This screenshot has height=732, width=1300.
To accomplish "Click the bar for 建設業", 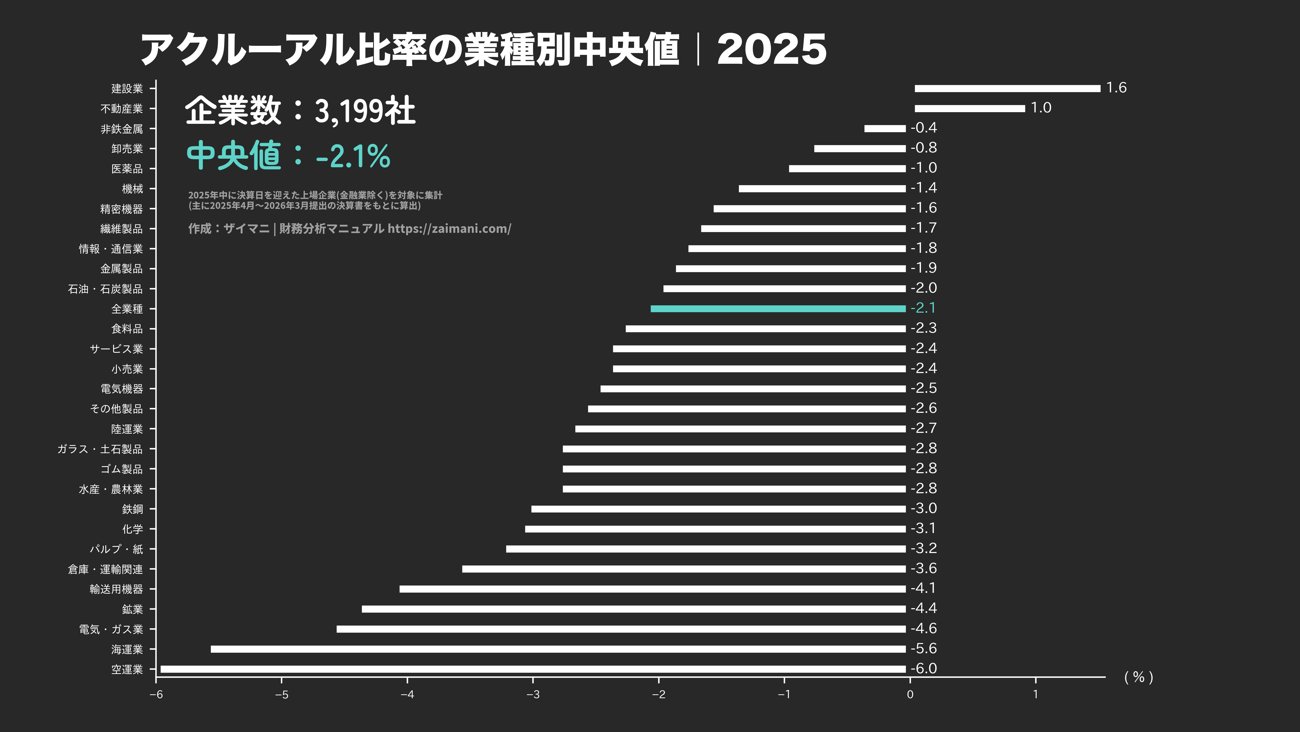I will tap(1007, 88).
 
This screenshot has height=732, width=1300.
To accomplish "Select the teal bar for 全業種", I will tap(778, 309).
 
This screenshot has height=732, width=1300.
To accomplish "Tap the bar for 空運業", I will tap(533, 669).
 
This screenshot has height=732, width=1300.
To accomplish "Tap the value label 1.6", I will tap(1116, 88).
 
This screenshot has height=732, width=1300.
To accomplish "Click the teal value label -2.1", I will tap(923, 308).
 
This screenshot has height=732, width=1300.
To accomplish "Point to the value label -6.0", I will tap(924, 668).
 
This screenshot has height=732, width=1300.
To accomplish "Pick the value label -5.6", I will tap(924, 648).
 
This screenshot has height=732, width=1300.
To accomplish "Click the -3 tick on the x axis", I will tap(533, 695).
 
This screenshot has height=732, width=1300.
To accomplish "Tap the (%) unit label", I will tap(1139, 677).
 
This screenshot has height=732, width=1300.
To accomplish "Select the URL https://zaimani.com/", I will tap(449, 229).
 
